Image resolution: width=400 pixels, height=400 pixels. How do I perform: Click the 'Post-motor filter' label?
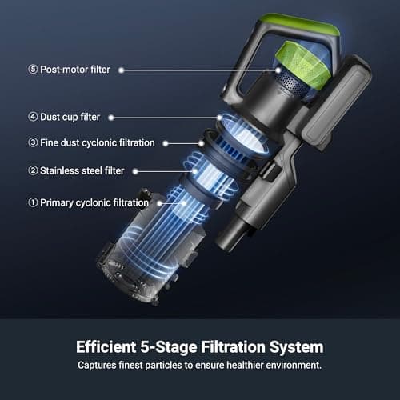coord(74,70)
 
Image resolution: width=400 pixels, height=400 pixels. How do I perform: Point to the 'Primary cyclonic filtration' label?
coord(93,202)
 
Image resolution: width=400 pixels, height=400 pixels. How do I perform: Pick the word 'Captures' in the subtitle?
coord(98,366)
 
